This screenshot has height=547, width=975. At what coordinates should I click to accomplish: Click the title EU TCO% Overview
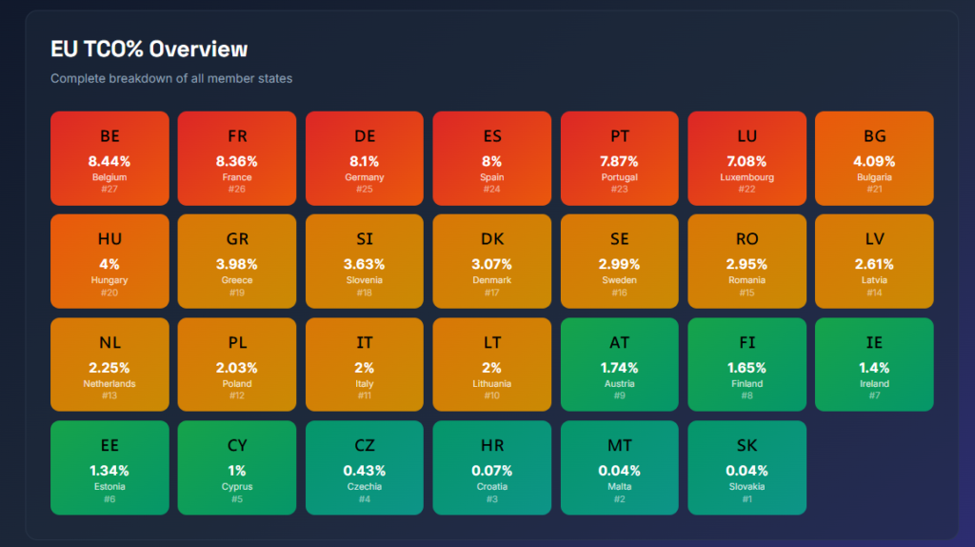pos(149,50)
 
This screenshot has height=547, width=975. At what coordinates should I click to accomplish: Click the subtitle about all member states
pos(171,78)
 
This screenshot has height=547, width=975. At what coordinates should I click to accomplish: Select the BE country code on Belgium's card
pos(109,136)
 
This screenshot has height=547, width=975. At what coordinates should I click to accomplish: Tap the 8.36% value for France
pos(237,161)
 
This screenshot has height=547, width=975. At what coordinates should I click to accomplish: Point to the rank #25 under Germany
pos(365,190)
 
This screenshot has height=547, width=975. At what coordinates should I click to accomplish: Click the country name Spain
pos(492,177)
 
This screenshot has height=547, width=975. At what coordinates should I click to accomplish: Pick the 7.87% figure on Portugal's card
pos(620,161)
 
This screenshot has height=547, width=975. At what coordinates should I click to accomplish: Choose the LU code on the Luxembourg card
pos(747,136)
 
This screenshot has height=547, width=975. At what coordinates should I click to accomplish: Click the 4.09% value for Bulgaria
pos(875,161)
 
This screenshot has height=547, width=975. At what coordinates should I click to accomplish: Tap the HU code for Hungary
pos(109,239)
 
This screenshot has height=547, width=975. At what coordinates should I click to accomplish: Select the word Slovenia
pos(365,280)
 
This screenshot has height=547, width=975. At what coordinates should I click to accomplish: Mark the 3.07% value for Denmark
pos(492,264)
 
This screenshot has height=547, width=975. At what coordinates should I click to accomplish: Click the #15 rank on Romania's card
pos(747,293)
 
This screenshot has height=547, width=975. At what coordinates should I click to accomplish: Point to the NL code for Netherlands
pos(109,342)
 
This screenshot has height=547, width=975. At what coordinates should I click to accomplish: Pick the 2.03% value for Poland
pos(237,367)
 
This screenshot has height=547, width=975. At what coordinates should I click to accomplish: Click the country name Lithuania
pos(492,383)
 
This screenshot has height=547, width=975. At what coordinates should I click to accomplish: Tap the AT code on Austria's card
pos(620,342)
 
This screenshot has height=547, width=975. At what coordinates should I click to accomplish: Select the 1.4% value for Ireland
pos(875,367)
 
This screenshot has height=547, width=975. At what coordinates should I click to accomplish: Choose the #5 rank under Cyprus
pos(237,498)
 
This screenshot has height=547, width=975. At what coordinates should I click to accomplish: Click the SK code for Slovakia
pos(747,445)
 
